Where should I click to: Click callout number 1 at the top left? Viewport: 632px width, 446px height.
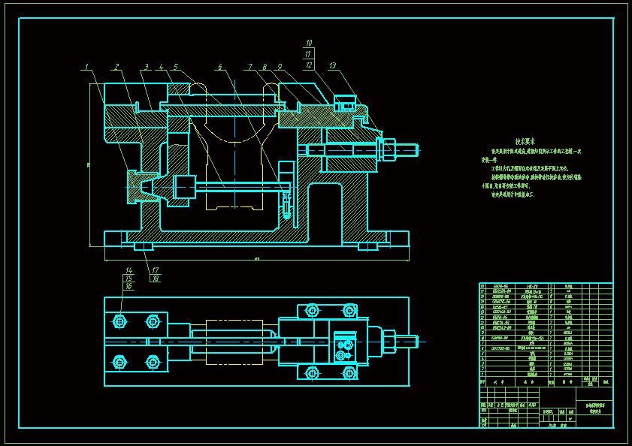click(87, 67)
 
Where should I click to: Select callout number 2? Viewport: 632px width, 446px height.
click(116, 67)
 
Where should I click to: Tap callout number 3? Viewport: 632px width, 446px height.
click(147, 67)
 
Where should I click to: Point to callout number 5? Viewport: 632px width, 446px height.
click(175, 67)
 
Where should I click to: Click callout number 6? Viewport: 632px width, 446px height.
click(220, 67)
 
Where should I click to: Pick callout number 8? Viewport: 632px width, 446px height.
click(264, 67)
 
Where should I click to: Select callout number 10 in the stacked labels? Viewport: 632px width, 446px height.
click(308, 43)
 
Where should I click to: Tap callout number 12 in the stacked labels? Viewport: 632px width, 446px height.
click(308, 65)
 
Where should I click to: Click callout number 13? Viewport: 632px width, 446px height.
click(332, 66)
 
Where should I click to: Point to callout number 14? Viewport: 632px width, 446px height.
click(129, 270)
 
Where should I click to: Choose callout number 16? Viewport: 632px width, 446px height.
click(129, 286)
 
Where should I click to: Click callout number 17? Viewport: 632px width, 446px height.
click(155, 270)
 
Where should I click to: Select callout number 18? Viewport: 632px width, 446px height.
click(155, 279)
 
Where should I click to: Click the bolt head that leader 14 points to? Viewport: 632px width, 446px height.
click(119, 321)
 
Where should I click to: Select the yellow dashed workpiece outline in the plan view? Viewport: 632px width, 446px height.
click(234, 342)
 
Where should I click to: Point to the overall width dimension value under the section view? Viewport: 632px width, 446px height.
click(257, 259)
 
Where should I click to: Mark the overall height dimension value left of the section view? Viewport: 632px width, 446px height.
click(88, 166)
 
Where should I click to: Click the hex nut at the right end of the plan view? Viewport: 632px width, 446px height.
click(389, 342)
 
